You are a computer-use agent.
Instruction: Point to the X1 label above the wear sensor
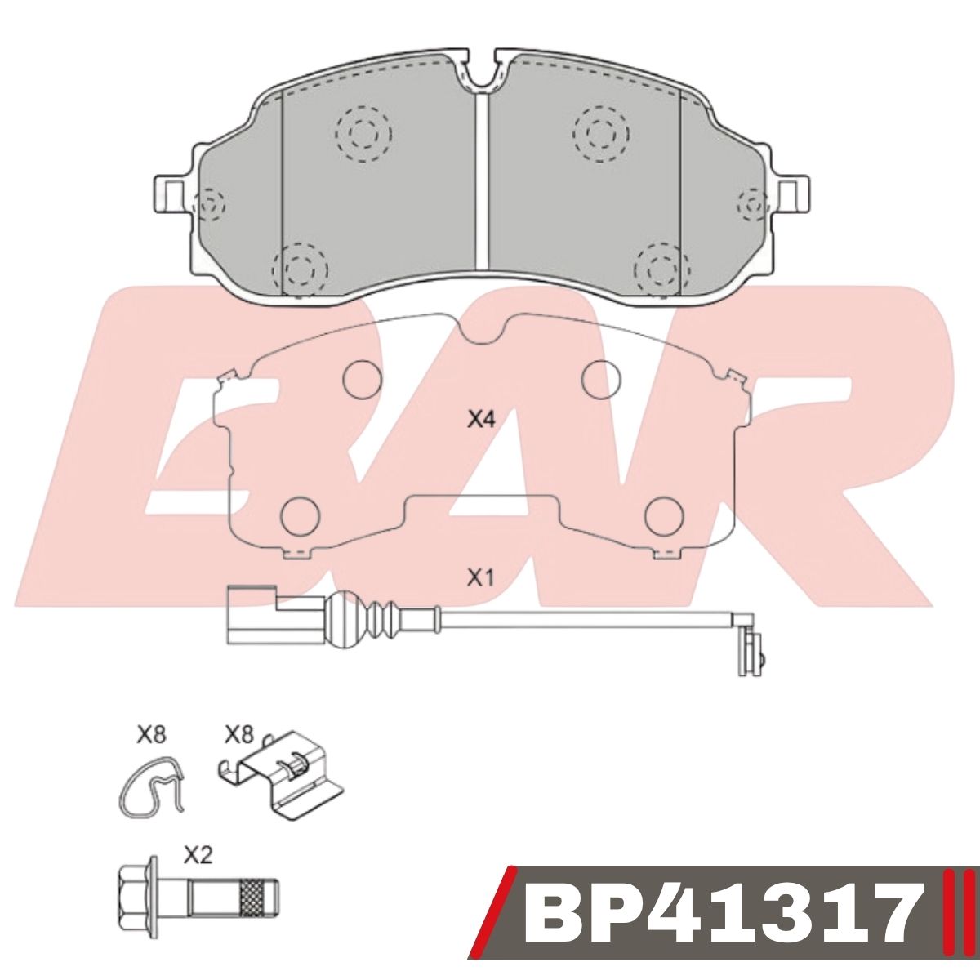tap(479, 578)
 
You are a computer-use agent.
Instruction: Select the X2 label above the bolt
tap(198, 856)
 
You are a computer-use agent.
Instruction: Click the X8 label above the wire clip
tap(151, 736)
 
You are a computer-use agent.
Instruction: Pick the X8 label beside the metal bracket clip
tap(238, 736)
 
